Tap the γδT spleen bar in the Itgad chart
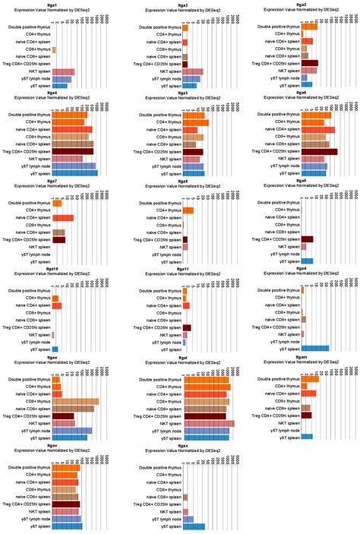point(314,349)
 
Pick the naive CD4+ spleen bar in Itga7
point(62,218)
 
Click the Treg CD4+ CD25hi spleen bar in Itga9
point(307,239)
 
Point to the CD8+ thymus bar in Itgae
point(75,401)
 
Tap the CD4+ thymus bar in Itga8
point(188,210)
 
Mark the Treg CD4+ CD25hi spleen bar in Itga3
point(309,64)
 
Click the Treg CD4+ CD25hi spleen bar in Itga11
point(186,327)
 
